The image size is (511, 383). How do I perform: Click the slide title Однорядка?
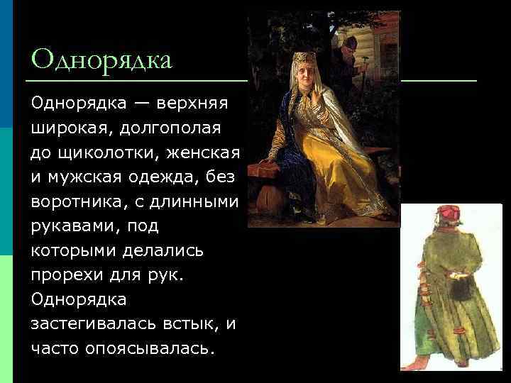[x=101, y=59]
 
